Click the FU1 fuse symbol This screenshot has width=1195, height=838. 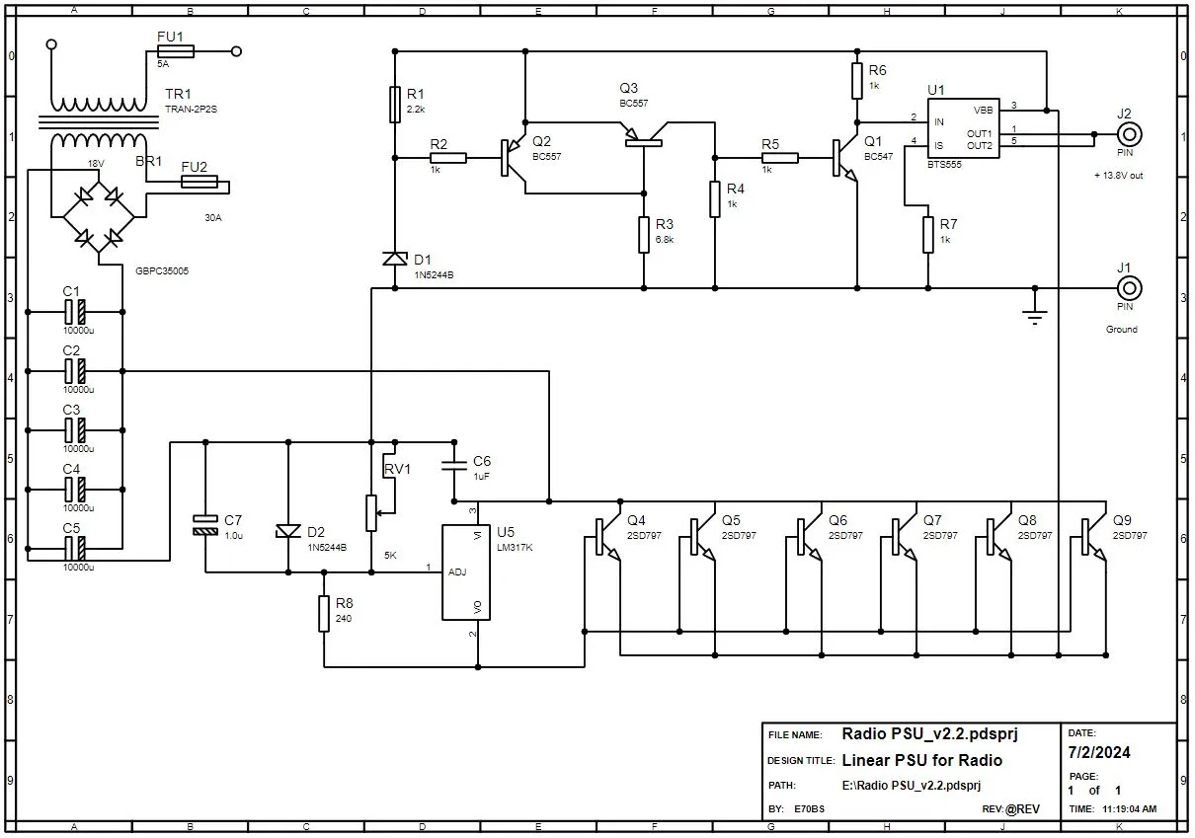coord(176,51)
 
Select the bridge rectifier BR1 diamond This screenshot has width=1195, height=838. coord(99,216)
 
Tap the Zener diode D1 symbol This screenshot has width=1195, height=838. coord(395,259)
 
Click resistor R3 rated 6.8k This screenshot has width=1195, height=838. coord(644,235)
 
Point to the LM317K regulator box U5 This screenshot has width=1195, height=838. coord(466,572)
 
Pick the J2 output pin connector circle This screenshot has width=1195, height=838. coord(1129,134)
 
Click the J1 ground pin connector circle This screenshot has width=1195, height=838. coord(1129,288)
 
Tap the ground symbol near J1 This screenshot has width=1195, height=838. coord(1034,315)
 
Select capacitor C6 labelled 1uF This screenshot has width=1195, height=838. coord(454,466)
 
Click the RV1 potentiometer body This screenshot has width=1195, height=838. coord(371,513)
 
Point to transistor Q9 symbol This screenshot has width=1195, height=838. coord(1092,537)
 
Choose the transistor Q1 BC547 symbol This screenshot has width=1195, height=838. coord(844,158)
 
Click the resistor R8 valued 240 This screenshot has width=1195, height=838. coord(324,614)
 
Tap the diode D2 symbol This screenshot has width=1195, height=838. coord(288,531)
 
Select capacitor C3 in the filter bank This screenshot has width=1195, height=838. coord(75,430)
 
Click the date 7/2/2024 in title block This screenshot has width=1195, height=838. coord(1099,752)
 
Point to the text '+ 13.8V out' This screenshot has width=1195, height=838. coord(1118,176)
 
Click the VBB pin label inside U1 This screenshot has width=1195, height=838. coord(984,111)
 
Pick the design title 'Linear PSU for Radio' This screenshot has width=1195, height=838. coord(921,760)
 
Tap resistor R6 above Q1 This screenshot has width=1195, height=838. coord(857,81)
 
